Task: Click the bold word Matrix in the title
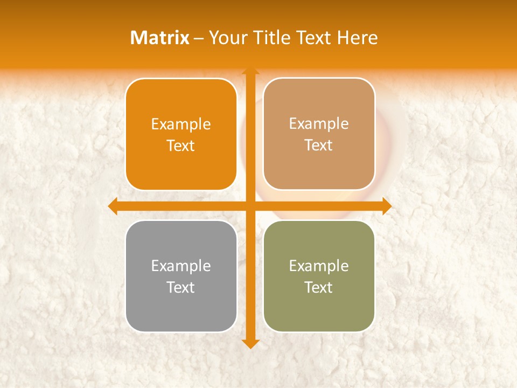tap(160, 38)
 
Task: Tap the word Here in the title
tap(357, 38)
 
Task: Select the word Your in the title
tap(227, 38)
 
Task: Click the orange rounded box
tap(181, 134)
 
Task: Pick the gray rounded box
tap(181, 276)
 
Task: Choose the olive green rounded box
tap(319, 276)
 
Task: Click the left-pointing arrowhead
tap(113, 206)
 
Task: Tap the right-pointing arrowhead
tap(387, 206)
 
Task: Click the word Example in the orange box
tap(181, 124)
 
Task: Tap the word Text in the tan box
tap(319, 145)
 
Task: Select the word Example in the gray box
tap(181, 266)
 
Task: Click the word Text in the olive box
tap(319, 287)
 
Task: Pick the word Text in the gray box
tap(181, 287)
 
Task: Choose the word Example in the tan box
tap(319, 124)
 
